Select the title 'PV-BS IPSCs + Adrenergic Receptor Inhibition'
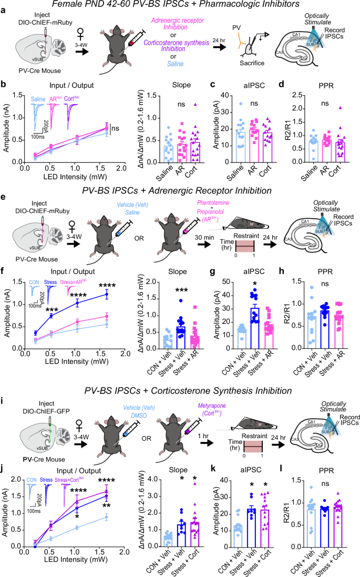180,180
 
